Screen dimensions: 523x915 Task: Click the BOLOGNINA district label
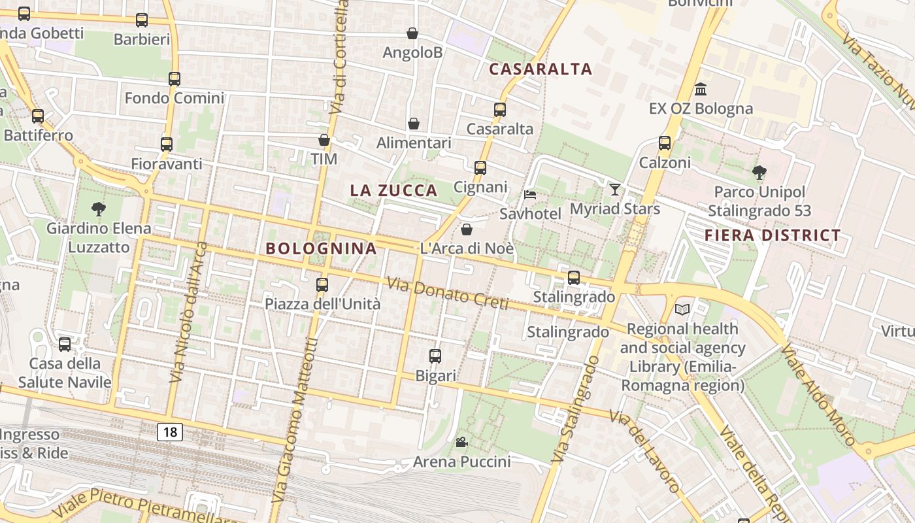(322, 248)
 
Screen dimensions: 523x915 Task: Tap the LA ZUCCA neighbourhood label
(393, 190)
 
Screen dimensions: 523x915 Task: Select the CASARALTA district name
(541, 69)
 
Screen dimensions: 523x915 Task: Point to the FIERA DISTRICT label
(773, 235)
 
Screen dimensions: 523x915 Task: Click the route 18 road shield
(170, 432)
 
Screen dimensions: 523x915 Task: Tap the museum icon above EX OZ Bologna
(701, 89)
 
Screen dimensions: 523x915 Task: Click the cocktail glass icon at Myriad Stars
(614, 190)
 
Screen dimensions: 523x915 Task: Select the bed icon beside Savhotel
(530, 195)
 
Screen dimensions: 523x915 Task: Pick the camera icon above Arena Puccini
(461, 443)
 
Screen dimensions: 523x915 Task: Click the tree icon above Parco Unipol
(759, 173)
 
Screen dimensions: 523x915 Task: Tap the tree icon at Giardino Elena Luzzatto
(99, 209)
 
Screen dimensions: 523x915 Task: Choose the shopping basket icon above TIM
(324, 140)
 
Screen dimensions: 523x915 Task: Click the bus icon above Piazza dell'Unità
(322, 284)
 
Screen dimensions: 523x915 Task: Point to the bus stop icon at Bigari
(435, 356)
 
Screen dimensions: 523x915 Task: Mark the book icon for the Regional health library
(682, 309)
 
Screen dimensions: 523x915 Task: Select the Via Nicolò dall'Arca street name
(188, 312)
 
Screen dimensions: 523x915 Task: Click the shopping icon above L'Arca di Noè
(467, 229)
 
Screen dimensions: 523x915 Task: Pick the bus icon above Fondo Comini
(174, 79)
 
